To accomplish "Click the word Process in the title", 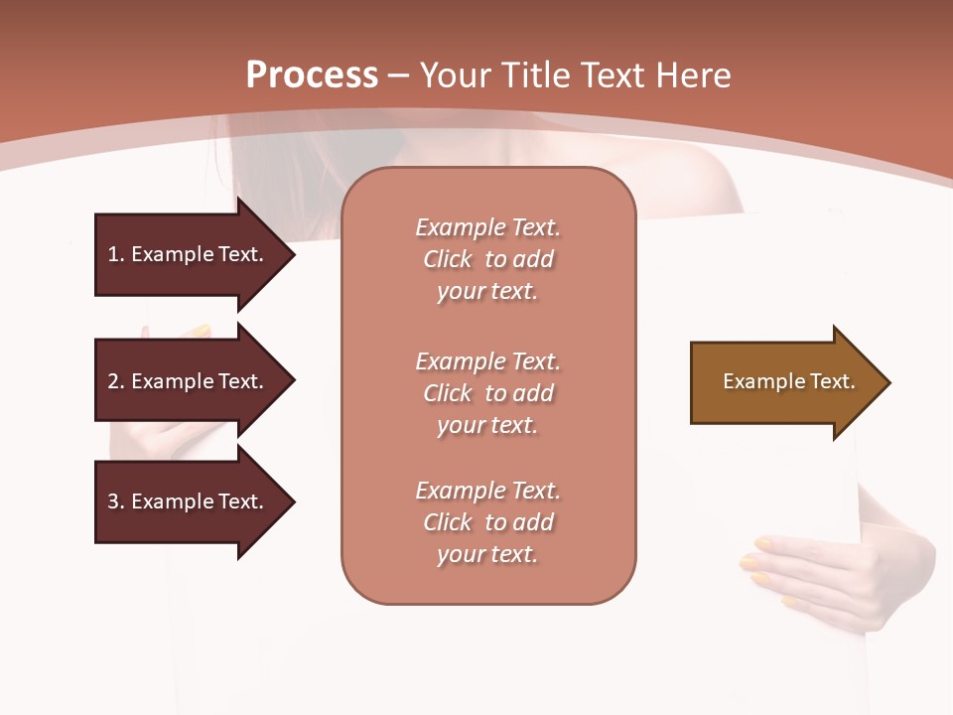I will (x=312, y=75).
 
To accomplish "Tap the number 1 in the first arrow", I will (x=113, y=254).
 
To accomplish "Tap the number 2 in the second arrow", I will (x=113, y=381).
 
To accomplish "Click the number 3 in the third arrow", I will (x=113, y=501).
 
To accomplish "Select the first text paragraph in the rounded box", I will (x=487, y=259).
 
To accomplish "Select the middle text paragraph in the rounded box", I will (x=487, y=393).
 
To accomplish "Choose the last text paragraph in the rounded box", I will (x=487, y=522).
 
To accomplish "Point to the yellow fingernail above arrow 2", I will (x=202, y=330).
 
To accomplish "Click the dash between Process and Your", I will (x=399, y=76).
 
